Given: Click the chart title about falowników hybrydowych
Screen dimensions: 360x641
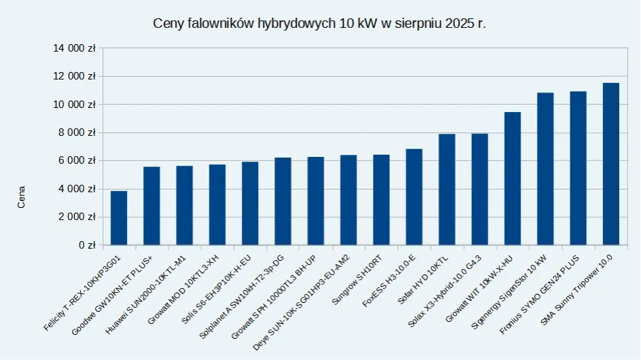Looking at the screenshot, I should click(x=320, y=23).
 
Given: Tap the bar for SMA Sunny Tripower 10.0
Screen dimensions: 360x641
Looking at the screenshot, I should click(x=611, y=164).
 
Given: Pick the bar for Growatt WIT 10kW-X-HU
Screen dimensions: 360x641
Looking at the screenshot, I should click(x=513, y=178).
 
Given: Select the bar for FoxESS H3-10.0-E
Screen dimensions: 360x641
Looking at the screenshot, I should click(x=414, y=196).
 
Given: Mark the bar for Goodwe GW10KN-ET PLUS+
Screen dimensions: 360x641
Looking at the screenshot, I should click(x=151, y=205).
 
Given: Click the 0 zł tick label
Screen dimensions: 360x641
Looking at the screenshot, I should click(x=86, y=245).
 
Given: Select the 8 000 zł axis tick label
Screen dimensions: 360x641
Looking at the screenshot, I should click(x=77, y=132).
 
